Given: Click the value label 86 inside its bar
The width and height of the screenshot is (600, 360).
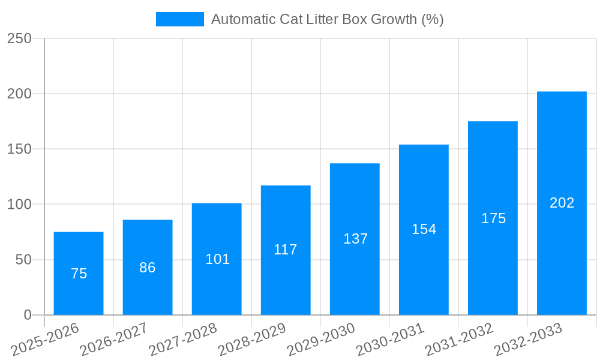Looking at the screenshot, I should tap(148, 268).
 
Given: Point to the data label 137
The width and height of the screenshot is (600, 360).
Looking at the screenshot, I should tap(355, 239).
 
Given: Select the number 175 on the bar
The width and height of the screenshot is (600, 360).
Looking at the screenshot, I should tap(493, 218).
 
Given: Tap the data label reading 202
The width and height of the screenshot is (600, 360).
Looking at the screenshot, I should tap(562, 203).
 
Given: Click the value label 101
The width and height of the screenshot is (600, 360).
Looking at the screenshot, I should tap(217, 259).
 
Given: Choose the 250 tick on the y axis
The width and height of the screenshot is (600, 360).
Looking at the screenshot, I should tap(19, 38).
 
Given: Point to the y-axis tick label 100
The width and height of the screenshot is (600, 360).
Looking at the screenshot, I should tap(19, 205).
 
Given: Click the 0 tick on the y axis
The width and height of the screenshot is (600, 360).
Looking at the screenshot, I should tap(28, 315).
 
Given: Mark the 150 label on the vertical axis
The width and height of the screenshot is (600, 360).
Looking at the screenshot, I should tap(19, 149).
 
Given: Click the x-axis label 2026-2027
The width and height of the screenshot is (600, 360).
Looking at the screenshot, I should tap(113, 340).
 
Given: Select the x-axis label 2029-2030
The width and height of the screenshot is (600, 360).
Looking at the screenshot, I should tap(320, 340).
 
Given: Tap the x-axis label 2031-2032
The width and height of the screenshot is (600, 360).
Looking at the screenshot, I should tap(458, 340).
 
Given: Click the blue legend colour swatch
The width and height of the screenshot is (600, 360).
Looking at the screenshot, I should tap(179, 19).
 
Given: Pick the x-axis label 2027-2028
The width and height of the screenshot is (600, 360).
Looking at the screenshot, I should tap(182, 340).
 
